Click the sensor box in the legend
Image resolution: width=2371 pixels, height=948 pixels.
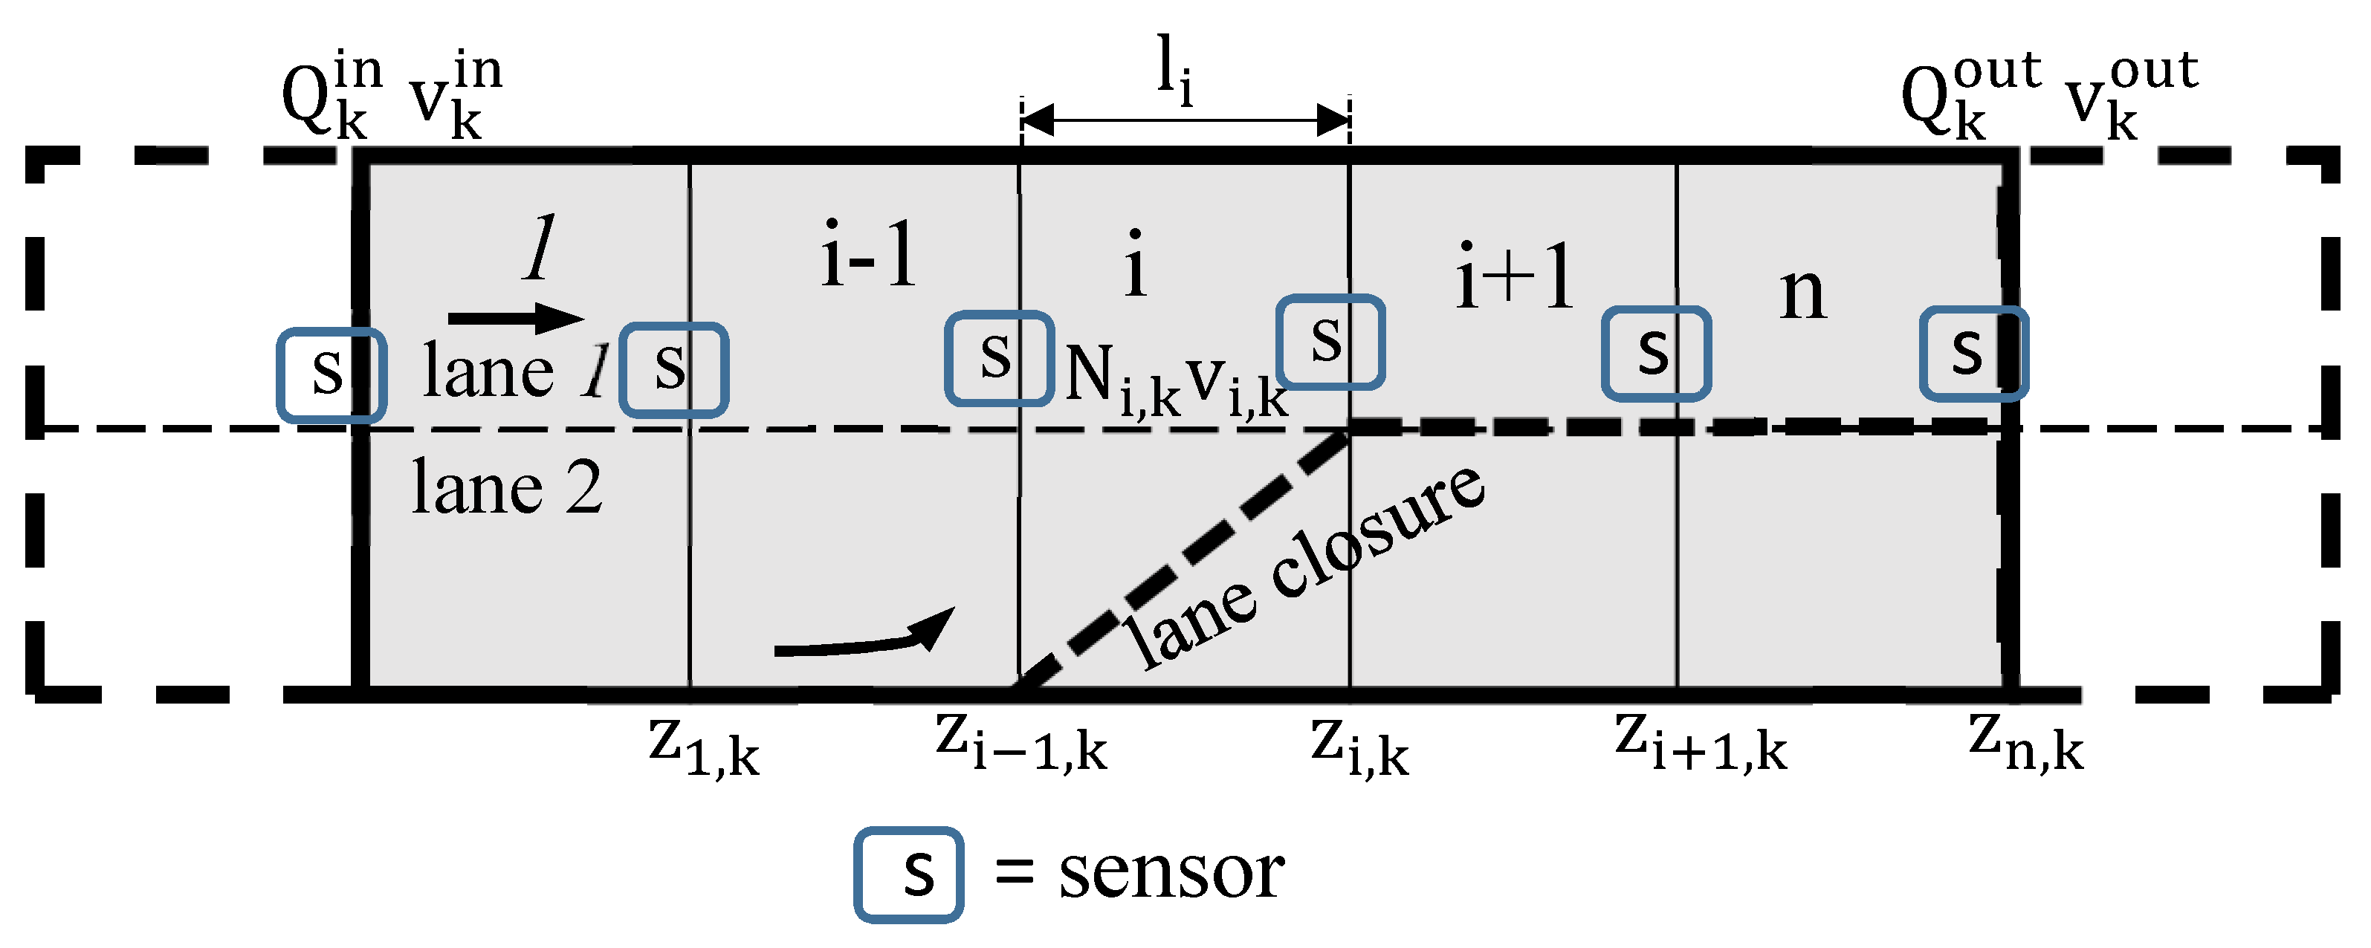pyautogui.click(x=908, y=874)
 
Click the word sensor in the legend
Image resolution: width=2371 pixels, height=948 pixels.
pyautogui.click(x=1171, y=872)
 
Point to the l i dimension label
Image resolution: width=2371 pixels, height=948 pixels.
pyautogui.click(x=1174, y=69)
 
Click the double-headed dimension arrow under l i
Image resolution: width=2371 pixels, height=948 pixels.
pyautogui.click(x=1185, y=120)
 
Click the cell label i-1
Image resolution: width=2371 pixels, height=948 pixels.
pyautogui.click(x=868, y=255)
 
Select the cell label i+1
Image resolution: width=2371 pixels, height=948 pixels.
pyautogui.click(x=1514, y=276)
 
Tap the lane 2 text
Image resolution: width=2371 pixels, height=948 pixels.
pyautogui.click(x=506, y=488)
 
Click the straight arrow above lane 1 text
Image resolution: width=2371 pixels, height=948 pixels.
pyautogui.click(x=515, y=319)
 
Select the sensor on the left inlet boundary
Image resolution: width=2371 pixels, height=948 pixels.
pyautogui.click(x=331, y=375)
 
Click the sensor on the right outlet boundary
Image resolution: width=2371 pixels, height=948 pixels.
pyautogui.click(x=1973, y=354)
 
